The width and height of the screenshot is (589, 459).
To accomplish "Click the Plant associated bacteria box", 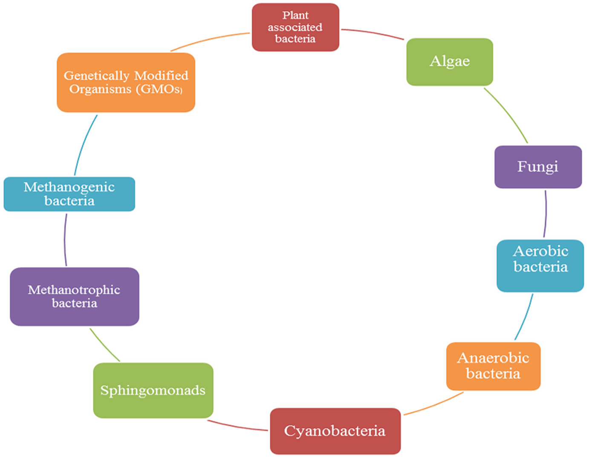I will pos(295,27).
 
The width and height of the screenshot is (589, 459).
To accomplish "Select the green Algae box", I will pos(450,62).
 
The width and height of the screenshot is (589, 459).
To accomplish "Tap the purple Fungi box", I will pos(538,167).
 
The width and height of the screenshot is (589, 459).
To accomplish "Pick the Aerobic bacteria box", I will pos(540,266).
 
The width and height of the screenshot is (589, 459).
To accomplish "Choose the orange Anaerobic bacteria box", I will pos(493,366).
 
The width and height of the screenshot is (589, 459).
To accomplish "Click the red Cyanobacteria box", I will pos(335,431).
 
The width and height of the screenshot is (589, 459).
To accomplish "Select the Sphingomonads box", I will pos(153,390).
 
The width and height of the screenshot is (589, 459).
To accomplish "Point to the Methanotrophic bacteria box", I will pos(75,297).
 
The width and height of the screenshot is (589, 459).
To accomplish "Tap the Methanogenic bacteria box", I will pos(69,194).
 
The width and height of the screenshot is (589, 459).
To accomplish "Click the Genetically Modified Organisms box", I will pos(126,82).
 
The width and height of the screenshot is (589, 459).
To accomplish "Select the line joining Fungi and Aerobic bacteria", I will pos(546,213).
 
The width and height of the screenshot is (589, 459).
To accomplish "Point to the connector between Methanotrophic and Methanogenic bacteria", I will pos(65,240).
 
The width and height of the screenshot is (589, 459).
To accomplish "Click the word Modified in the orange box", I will pos(161,75).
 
